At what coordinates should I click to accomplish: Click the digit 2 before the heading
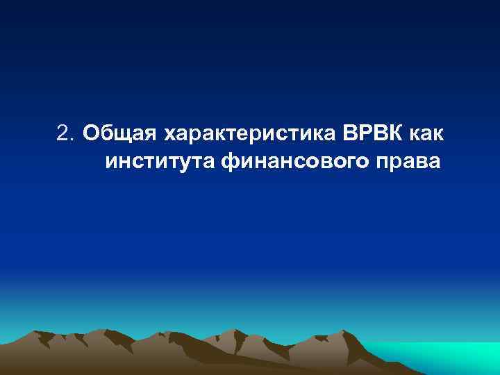[x=62, y=132]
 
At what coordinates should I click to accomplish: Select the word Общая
[x=120, y=132]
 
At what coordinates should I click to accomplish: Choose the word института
[x=162, y=162]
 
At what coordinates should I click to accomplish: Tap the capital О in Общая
[x=90, y=132]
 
